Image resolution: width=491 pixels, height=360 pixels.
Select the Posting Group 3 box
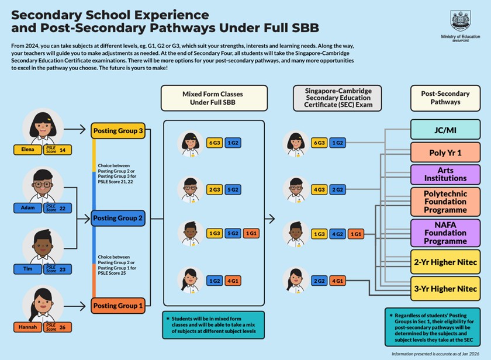[117, 130]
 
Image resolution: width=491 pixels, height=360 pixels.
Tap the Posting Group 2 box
[117, 219]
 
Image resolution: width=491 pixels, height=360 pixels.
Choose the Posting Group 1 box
[117, 306]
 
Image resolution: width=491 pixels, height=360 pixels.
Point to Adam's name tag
[27, 207]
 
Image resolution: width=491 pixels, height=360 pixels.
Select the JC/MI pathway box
[445, 129]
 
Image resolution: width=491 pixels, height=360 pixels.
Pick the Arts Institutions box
[445, 174]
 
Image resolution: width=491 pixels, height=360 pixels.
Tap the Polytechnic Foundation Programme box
[445, 201]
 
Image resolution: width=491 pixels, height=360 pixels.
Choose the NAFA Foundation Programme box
[445, 233]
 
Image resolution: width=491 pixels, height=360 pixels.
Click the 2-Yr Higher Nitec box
[445, 262]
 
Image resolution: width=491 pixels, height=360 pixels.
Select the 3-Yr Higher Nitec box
[445, 289]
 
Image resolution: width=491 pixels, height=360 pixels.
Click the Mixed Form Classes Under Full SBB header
[214, 98]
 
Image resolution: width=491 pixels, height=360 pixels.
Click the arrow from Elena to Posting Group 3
[74, 130]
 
